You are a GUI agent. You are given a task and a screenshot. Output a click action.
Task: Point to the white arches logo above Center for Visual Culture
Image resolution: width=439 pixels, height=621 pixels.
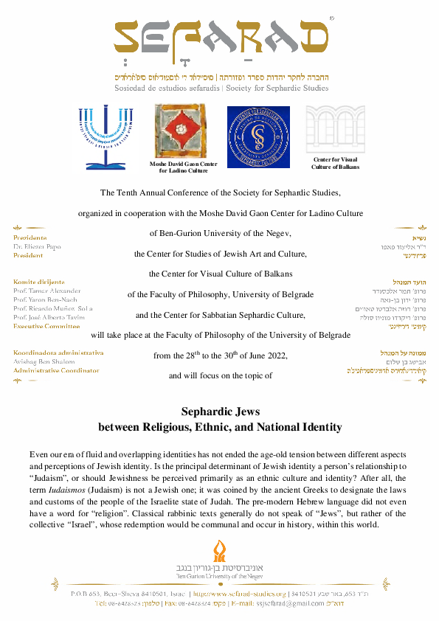click(x=335, y=128)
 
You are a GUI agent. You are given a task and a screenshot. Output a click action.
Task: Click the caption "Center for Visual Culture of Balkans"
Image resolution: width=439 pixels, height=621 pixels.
click(x=335, y=163)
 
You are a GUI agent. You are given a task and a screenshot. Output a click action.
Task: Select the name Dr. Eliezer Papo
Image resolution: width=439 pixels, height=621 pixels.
click(x=37, y=247)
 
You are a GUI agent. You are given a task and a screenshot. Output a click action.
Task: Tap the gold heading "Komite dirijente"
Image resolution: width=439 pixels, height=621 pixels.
click(x=39, y=282)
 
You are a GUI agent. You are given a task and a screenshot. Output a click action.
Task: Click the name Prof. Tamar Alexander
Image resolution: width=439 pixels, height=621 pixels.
click(x=47, y=291)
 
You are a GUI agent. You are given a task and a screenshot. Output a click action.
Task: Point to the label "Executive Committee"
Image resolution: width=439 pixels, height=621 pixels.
click(x=47, y=325)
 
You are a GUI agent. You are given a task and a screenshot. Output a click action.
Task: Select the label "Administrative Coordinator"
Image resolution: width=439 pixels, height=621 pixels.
click(x=56, y=370)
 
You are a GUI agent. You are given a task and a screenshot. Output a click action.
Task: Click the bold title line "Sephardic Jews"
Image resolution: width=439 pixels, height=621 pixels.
click(x=220, y=412)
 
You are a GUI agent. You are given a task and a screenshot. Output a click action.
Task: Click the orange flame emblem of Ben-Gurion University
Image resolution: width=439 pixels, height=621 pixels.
click(x=218, y=550)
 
